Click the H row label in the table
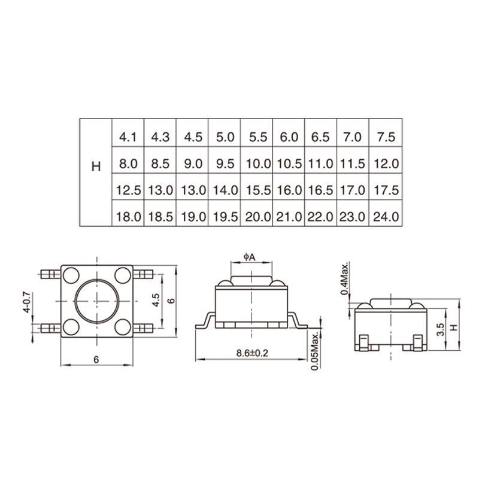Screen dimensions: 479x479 point(96,166)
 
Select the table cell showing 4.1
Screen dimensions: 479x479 point(128,137)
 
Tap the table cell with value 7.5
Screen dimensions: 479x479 point(386,137)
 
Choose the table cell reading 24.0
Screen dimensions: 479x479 point(386,217)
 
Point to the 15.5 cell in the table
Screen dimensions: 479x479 point(257,190)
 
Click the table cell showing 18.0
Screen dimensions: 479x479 point(128,217)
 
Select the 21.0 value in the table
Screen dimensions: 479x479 point(289,217)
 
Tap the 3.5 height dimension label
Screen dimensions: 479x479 point(441,329)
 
